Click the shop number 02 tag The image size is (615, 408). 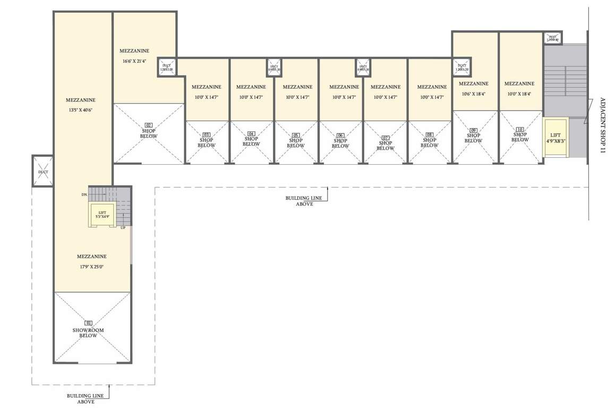pos(149,125)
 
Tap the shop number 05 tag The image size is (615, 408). pos(296,135)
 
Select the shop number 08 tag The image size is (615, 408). pos(429,135)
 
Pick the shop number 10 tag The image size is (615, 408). pos(520,129)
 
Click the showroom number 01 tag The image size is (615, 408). pos(88,322)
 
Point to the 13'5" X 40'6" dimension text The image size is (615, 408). pos(81,110)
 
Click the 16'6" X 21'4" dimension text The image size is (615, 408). pos(134,61)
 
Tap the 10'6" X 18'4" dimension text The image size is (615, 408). pos(473,93)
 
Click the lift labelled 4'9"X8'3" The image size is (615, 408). pos(555,138)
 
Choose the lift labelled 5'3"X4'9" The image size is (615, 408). pos(102,215)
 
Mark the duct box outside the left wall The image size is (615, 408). pos(42,171)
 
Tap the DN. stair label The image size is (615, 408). pos(84,195)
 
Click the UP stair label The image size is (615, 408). pos(123,227)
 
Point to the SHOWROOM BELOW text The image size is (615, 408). pos(88,333)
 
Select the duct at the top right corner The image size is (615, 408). pos(552,38)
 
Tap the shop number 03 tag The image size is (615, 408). pos(207,135)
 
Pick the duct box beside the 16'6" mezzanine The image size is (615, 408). pos(167,67)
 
